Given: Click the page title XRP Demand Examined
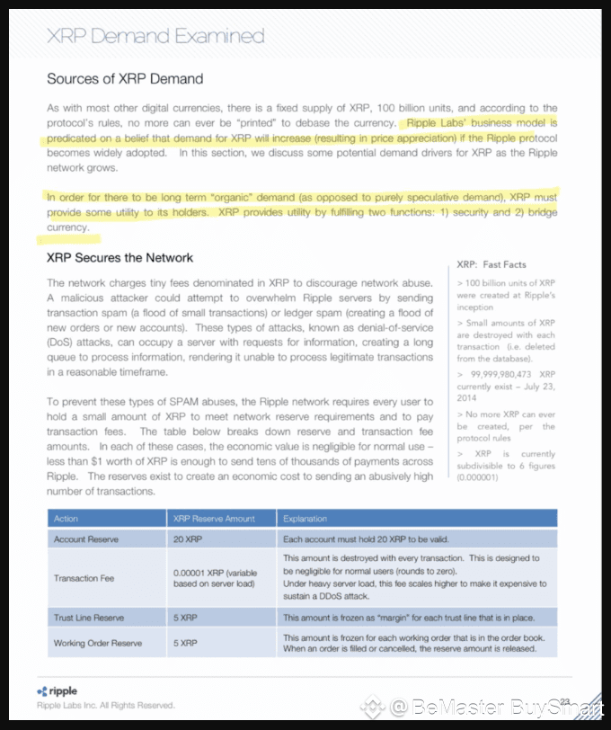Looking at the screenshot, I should click(x=155, y=37).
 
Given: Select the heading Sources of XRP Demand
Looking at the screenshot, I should click(x=125, y=79).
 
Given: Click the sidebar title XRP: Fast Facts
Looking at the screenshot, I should click(x=491, y=264).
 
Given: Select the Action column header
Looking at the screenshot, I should click(x=66, y=519).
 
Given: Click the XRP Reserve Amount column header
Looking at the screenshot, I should click(x=214, y=519).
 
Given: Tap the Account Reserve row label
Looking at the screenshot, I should click(x=85, y=539).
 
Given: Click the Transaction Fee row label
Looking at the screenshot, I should click(x=84, y=578).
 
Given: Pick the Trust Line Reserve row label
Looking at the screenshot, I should click(x=88, y=618).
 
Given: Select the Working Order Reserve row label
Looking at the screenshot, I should click(x=97, y=643).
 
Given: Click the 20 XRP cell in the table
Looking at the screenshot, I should click(x=186, y=539).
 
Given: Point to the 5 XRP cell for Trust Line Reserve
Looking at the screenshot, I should click(x=184, y=618).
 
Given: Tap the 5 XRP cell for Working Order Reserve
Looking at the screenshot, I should click(x=184, y=643).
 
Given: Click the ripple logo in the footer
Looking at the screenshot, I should click(x=58, y=691).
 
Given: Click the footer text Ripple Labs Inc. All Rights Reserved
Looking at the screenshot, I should click(x=105, y=706).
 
